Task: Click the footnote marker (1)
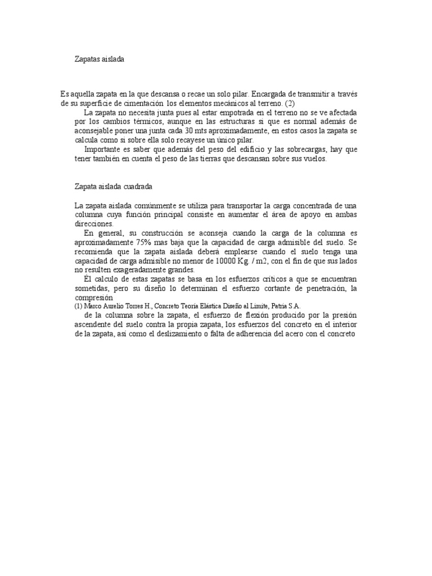(79, 306)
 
